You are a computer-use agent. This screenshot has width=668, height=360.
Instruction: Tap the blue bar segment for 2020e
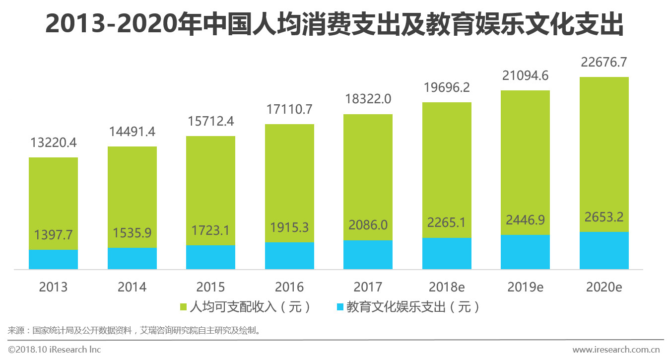603,251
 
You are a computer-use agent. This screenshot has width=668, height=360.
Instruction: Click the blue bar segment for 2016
289,256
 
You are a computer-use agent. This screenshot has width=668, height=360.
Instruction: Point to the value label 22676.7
603,63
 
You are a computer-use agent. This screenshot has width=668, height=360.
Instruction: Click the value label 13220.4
53,143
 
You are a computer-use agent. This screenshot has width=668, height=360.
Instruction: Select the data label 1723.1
210,230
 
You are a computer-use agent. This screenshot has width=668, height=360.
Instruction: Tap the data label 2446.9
525,220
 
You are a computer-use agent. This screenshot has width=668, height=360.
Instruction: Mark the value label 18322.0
368,99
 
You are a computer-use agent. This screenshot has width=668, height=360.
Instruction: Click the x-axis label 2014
132,287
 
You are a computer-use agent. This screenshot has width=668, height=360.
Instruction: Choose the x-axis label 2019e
525,287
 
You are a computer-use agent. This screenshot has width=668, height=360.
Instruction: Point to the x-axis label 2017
368,287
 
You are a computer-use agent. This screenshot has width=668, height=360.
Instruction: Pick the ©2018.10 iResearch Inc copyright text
55,350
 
